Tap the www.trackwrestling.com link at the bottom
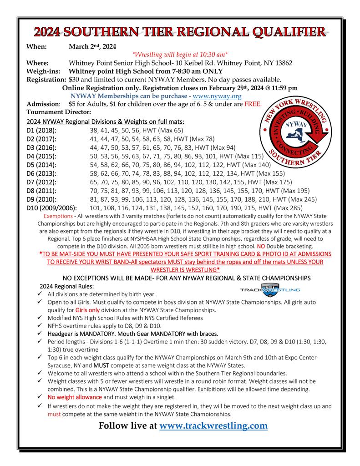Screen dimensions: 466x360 point(213,425)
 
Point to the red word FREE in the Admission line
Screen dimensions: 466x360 point(254,104)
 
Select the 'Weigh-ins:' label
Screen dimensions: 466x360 point(44,71)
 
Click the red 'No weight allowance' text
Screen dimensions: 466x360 point(73,397)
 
